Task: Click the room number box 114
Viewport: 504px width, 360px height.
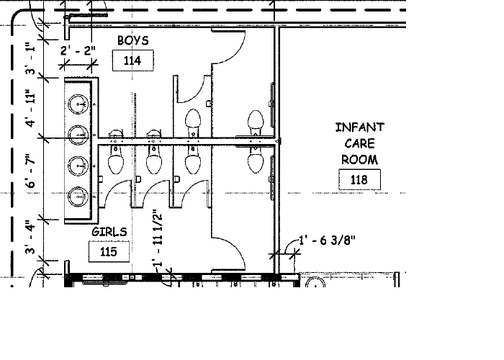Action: [132, 60]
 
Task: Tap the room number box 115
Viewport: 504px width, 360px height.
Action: [109, 251]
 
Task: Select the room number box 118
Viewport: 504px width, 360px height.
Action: [359, 179]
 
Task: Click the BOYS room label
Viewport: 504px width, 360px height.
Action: [133, 40]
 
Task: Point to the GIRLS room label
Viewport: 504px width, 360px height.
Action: [109, 232]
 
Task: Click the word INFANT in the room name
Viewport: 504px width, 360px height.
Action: [360, 127]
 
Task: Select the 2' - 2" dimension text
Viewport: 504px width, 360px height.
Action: [78, 51]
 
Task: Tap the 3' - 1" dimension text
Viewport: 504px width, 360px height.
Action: [30, 58]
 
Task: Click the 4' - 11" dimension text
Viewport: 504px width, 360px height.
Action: [30, 108]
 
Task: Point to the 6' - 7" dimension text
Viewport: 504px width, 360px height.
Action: [30, 171]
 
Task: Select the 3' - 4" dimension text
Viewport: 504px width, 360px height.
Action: [30, 237]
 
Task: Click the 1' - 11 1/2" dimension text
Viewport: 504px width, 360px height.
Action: [158, 238]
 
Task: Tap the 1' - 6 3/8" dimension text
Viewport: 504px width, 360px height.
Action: [327, 240]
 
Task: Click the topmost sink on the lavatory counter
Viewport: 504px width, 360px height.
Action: [78, 104]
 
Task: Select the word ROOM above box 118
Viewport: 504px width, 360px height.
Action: [359, 160]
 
